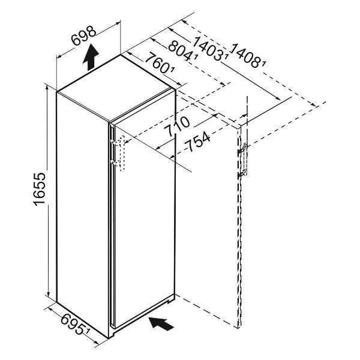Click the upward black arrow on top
[91, 58]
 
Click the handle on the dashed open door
[244, 161]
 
